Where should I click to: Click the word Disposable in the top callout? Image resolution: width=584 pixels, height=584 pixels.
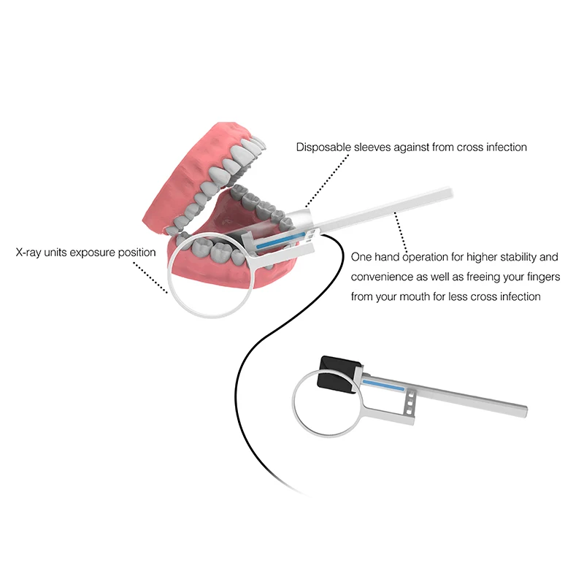322,147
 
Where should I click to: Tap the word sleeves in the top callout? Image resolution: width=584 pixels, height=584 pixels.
373,147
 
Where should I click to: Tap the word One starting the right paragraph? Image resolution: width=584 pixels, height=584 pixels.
361,257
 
